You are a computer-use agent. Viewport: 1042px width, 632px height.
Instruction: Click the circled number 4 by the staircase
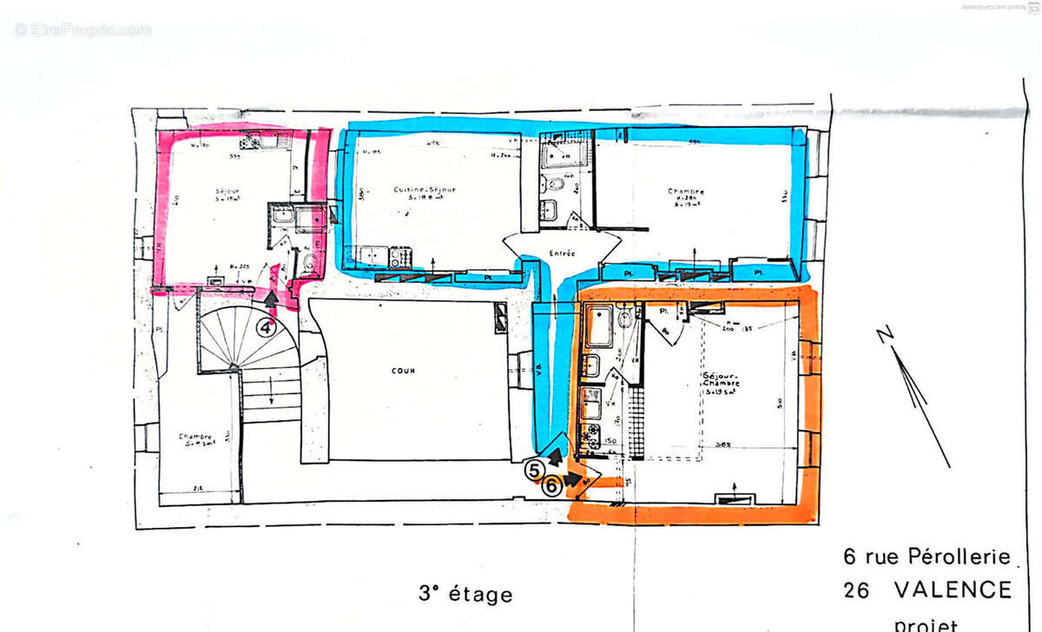point(267,327)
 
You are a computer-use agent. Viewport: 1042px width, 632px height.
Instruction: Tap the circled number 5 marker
point(536,470)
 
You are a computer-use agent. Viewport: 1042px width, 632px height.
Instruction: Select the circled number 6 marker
point(551,487)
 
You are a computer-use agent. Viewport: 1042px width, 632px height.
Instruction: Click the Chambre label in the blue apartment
point(686,192)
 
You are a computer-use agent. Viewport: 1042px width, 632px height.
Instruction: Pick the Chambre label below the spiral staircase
point(196,436)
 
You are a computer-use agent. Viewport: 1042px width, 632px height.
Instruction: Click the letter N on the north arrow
point(883,334)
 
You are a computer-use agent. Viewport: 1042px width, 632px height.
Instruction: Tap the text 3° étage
point(465,595)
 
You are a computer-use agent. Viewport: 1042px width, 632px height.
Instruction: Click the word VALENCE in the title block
point(953,591)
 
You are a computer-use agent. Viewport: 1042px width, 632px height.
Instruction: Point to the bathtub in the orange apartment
point(599,327)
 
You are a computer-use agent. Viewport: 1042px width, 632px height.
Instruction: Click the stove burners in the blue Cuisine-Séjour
point(399,257)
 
